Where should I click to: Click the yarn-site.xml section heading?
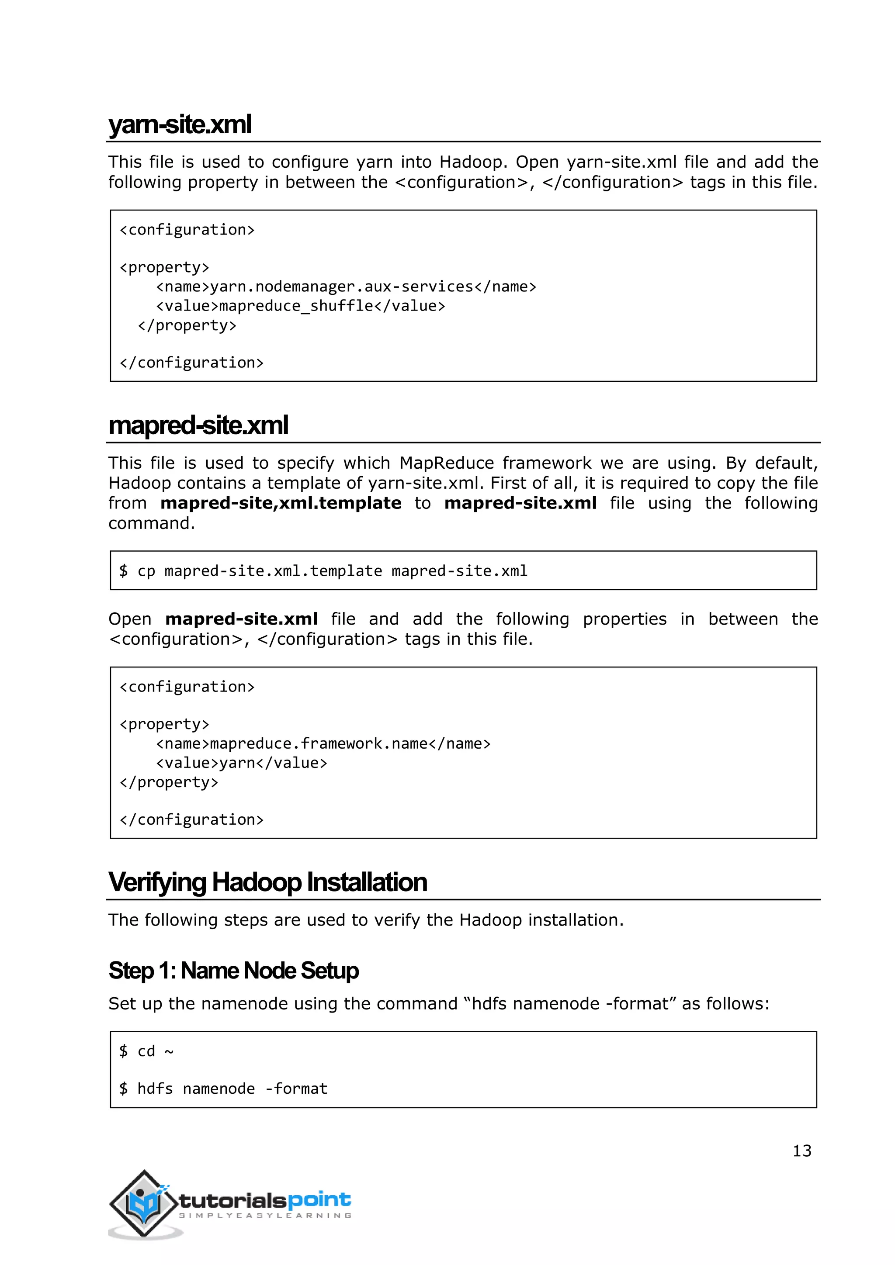click(x=180, y=124)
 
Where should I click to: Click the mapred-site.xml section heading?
click(x=198, y=425)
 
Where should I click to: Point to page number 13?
click(x=801, y=1151)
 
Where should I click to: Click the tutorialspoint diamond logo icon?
click(x=143, y=1202)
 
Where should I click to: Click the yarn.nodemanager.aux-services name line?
click(x=346, y=287)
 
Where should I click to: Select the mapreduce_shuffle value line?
click(x=300, y=306)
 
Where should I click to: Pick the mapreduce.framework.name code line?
click(x=323, y=744)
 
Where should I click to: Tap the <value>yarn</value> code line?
click(x=241, y=763)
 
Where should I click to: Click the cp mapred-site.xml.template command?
click(x=323, y=571)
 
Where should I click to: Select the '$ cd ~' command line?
click(x=146, y=1052)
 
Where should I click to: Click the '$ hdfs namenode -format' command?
click(x=223, y=1089)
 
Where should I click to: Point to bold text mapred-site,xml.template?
click(x=281, y=503)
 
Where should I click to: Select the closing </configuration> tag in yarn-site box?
click(x=191, y=363)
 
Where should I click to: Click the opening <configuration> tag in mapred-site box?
click(x=187, y=687)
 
